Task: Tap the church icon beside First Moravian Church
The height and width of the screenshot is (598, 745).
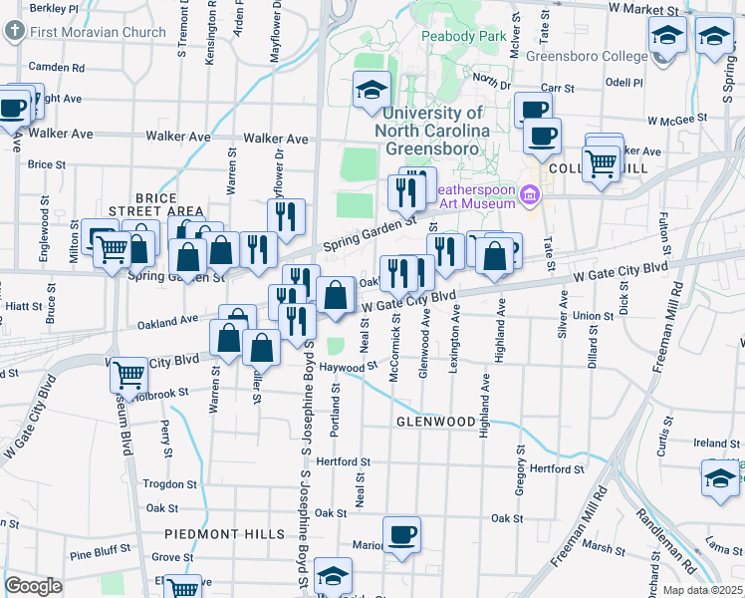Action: click(15, 31)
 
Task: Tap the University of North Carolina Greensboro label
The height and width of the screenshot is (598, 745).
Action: click(432, 131)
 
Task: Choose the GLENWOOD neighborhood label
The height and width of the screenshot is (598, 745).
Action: click(436, 422)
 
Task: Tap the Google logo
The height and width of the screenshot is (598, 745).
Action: click(33, 586)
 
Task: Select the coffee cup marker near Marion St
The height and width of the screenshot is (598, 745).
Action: click(402, 535)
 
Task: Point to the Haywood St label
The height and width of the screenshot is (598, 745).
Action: click(353, 367)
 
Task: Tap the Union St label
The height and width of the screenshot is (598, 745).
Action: click(593, 316)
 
